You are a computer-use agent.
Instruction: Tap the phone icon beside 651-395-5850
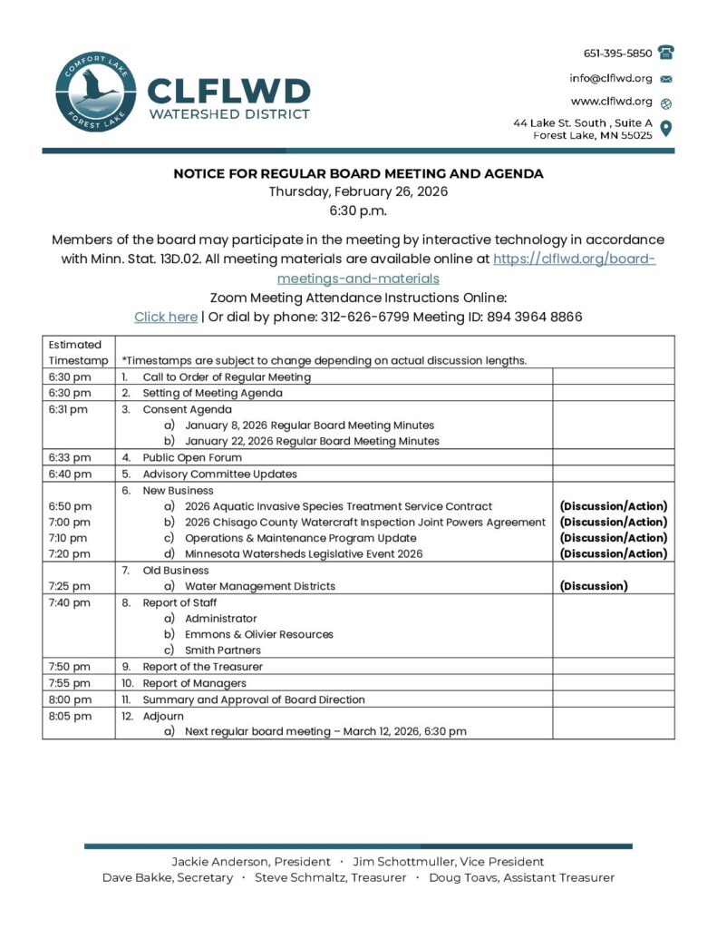666,53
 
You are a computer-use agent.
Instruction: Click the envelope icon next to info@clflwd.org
666,78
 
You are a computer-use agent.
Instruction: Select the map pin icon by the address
666,128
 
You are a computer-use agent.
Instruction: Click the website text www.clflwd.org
611,101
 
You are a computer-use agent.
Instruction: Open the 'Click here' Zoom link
166,317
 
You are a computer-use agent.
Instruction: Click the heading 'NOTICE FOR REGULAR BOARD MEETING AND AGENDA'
358,173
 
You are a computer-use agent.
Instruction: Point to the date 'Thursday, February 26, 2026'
358,191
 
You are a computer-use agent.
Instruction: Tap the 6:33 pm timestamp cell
70,457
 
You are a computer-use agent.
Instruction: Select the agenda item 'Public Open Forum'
192,457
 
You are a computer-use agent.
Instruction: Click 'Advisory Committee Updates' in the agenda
219,474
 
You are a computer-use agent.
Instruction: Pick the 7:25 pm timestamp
70,586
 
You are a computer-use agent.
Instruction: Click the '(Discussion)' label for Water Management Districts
593,586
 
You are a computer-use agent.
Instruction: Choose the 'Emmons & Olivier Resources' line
259,634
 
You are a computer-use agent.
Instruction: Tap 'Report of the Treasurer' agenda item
202,666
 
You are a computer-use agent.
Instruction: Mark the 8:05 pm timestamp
70,715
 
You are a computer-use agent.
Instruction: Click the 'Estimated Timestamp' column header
77,352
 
